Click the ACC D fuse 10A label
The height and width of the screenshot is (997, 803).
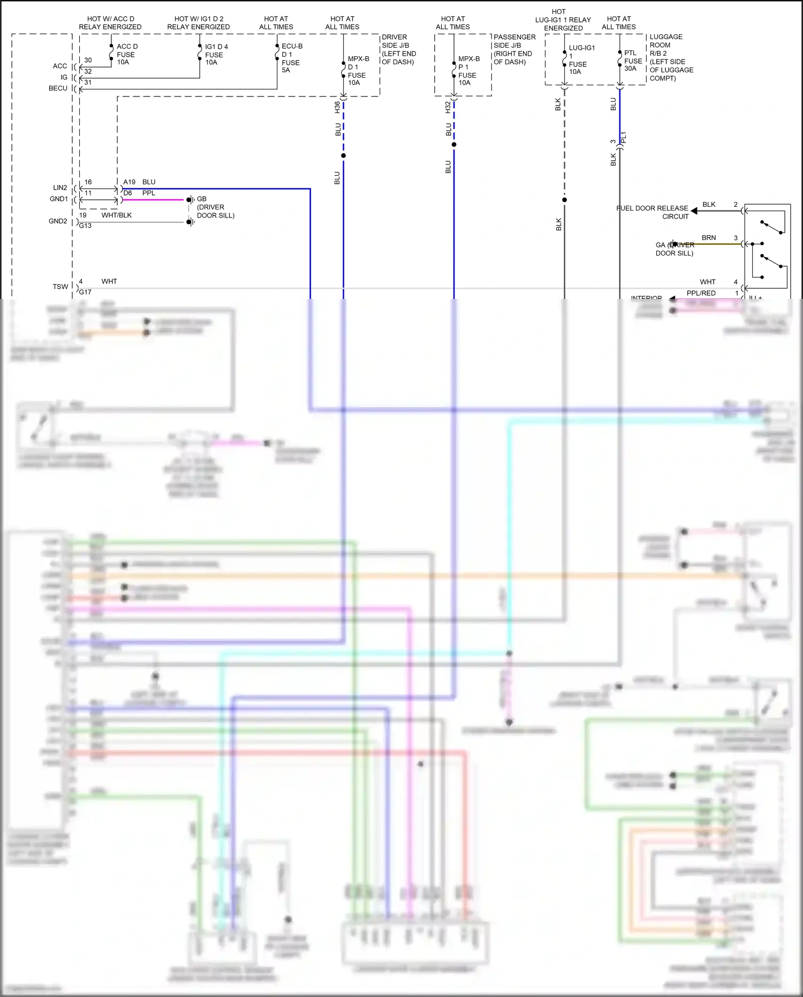point(126,54)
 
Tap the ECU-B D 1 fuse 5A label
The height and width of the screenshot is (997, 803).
point(291,58)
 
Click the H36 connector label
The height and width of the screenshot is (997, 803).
point(337,107)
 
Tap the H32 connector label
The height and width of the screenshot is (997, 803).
point(448,107)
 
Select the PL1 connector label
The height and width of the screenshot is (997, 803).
point(624,138)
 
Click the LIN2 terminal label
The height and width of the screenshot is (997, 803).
point(60,188)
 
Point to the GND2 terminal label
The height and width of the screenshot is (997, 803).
point(58,221)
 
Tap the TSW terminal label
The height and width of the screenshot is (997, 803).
point(60,287)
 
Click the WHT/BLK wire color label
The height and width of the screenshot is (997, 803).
point(117,215)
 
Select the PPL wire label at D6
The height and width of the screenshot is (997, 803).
point(149,193)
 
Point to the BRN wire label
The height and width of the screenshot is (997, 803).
point(709,237)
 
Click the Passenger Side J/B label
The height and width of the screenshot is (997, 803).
point(514,49)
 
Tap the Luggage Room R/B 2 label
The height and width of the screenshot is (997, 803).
point(670,57)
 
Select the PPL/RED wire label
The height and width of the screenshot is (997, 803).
point(701,293)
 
